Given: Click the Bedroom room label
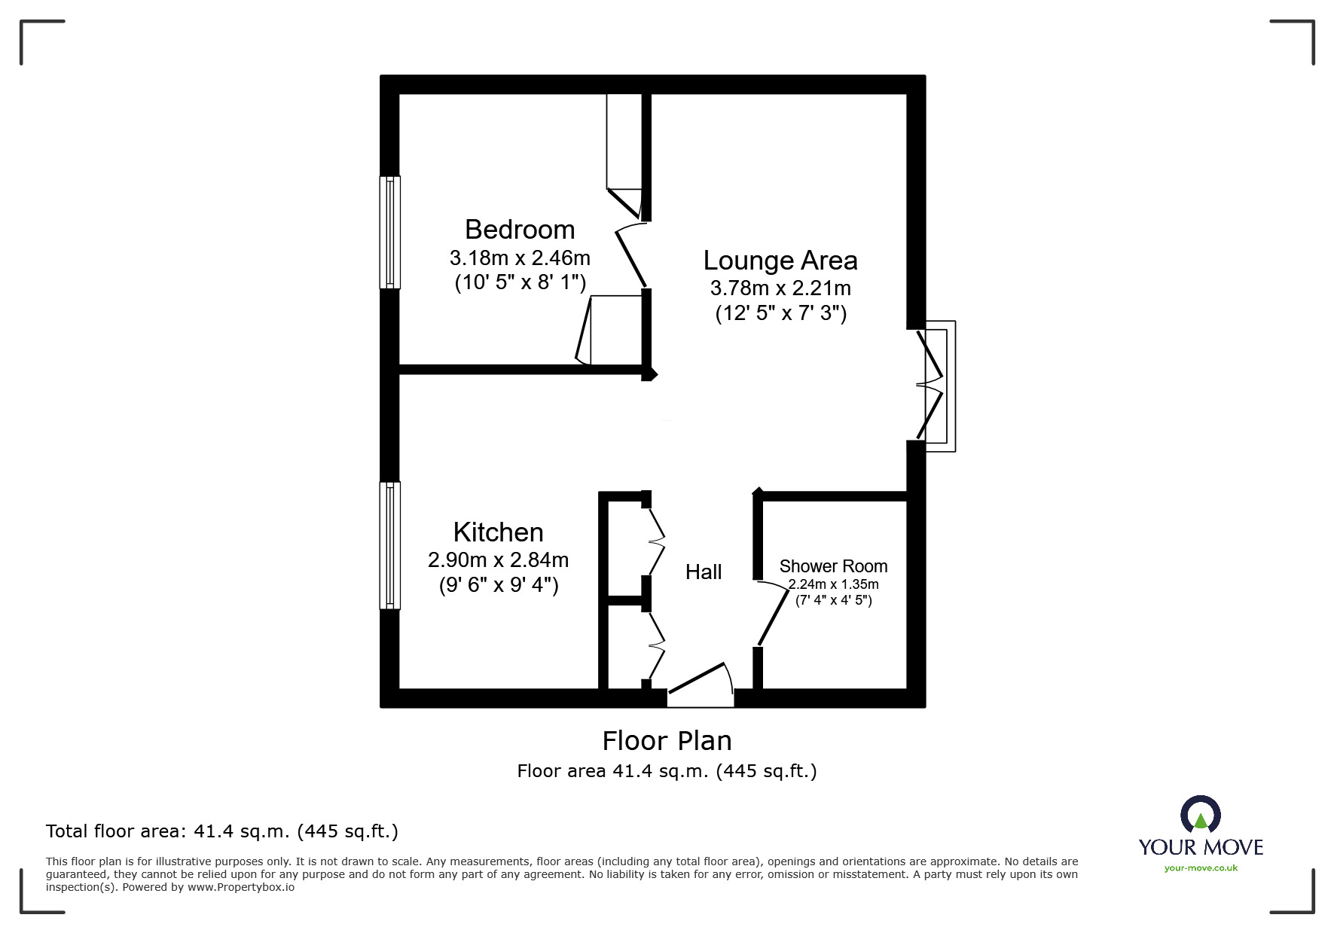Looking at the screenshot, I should tap(520, 230).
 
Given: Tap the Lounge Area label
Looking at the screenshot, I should tap(780, 261).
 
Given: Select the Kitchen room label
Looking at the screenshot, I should tap(498, 532).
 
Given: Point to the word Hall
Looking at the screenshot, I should tap(704, 572).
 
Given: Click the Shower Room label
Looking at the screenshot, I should tap(833, 566).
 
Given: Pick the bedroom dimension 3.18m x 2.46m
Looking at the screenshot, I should tap(520, 258).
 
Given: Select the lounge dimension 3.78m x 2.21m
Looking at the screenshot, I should tap(780, 288).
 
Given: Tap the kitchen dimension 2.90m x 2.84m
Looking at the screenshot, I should tap(498, 560).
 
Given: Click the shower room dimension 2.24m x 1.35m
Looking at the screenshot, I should tap(833, 584).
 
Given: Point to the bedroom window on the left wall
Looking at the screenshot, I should tap(389, 232).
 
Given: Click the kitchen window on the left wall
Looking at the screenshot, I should tap(389, 545).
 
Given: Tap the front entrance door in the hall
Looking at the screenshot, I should tap(701, 684).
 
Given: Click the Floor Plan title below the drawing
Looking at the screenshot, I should tap(667, 741).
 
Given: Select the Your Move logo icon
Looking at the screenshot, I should tap(1200, 816).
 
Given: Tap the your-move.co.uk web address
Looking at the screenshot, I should tap(1201, 868).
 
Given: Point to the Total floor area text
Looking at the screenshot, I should tap(222, 831).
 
